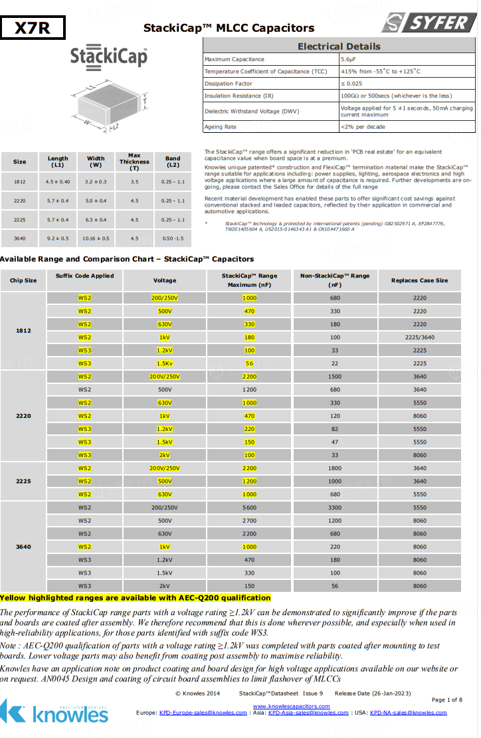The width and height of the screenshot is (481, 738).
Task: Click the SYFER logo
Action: pyautogui.click(x=429, y=23)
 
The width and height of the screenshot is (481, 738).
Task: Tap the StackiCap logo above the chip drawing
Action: pyautogui.click(x=109, y=55)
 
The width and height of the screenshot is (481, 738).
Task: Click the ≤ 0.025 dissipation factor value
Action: pyautogui.click(x=351, y=84)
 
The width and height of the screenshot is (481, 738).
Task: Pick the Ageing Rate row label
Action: pyautogui.click(x=221, y=127)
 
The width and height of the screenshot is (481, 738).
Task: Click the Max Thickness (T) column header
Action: pyautogui.click(x=134, y=161)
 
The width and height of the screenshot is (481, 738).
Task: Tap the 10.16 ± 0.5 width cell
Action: pyautogui.click(x=96, y=237)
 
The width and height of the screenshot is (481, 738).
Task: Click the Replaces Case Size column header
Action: pyautogui.click(x=419, y=280)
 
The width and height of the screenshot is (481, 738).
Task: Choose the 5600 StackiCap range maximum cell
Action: pyautogui.click(x=249, y=507)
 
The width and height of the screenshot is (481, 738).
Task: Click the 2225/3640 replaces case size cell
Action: pyautogui.click(x=419, y=337)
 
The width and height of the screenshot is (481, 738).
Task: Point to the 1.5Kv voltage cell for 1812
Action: pyautogui.click(x=164, y=363)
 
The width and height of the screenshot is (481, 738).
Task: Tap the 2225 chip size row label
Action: pyautogui.click(x=23, y=481)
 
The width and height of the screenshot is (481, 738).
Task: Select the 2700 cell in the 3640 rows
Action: pyautogui.click(x=249, y=521)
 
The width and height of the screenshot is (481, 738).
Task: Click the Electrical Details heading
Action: pyautogui.click(x=339, y=46)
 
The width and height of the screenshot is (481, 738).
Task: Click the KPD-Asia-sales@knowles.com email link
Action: pyautogui.click(x=308, y=713)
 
